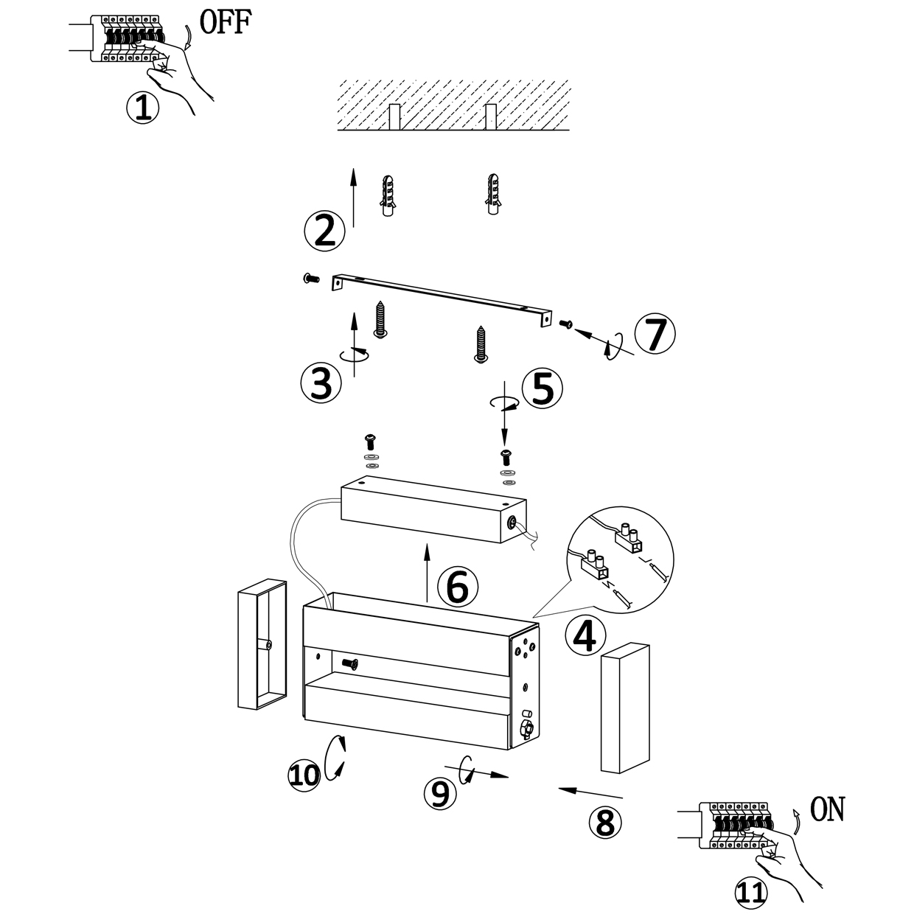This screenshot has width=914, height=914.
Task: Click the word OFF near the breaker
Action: click(x=226, y=23)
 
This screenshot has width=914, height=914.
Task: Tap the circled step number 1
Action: click(x=142, y=108)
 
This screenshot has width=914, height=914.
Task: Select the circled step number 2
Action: click(x=324, y=231)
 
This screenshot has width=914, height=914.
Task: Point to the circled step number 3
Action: click(x=321, y=383)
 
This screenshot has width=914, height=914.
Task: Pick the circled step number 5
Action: click(x=542, y=388)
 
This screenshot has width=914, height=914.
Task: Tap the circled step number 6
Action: click(x=458, y=587)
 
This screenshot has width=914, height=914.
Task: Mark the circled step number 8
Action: click(x=605, y=822)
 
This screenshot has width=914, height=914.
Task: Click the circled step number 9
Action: click(x=439, y=792)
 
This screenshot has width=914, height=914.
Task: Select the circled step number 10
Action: click(x=304, y=774)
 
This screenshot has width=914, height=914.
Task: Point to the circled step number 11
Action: click(x=750, y=892)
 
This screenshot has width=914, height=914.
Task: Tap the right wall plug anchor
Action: click(x=492, y=194)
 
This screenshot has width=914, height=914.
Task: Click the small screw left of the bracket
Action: click(x=310, y=278)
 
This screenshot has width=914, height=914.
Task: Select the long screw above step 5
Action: click(x=480, y=344)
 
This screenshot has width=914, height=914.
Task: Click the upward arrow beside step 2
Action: click(x=353, y=197)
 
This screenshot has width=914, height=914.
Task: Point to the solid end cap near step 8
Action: click(x=626, y=708)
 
